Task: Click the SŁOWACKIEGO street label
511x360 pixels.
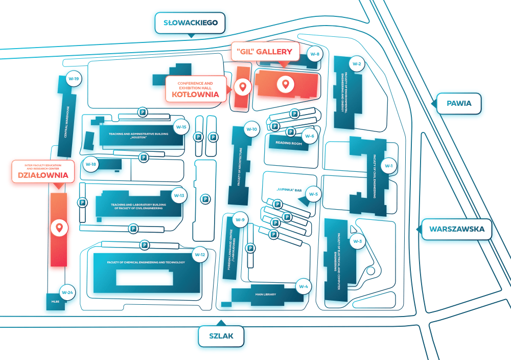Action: tap(191, 22)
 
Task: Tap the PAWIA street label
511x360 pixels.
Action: tap(458, 104)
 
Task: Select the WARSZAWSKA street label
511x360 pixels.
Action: tap(456, 229)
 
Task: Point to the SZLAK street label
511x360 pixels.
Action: tap(221, 336)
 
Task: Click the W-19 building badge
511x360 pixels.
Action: tap(74, 79)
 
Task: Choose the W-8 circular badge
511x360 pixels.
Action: tap(315, 54)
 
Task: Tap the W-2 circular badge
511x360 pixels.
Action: tap(357, 64)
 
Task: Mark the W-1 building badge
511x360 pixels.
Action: tap(388, 166)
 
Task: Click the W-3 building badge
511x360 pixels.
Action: tap(358, 241)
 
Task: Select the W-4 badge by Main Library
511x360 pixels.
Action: tap(304, 286)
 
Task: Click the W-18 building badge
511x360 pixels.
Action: tap(91, 164)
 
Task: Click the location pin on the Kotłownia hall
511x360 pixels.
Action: tap(242, 86)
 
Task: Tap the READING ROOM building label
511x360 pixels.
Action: tap(289, 143)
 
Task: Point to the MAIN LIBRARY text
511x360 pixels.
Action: tap(266, 295)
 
